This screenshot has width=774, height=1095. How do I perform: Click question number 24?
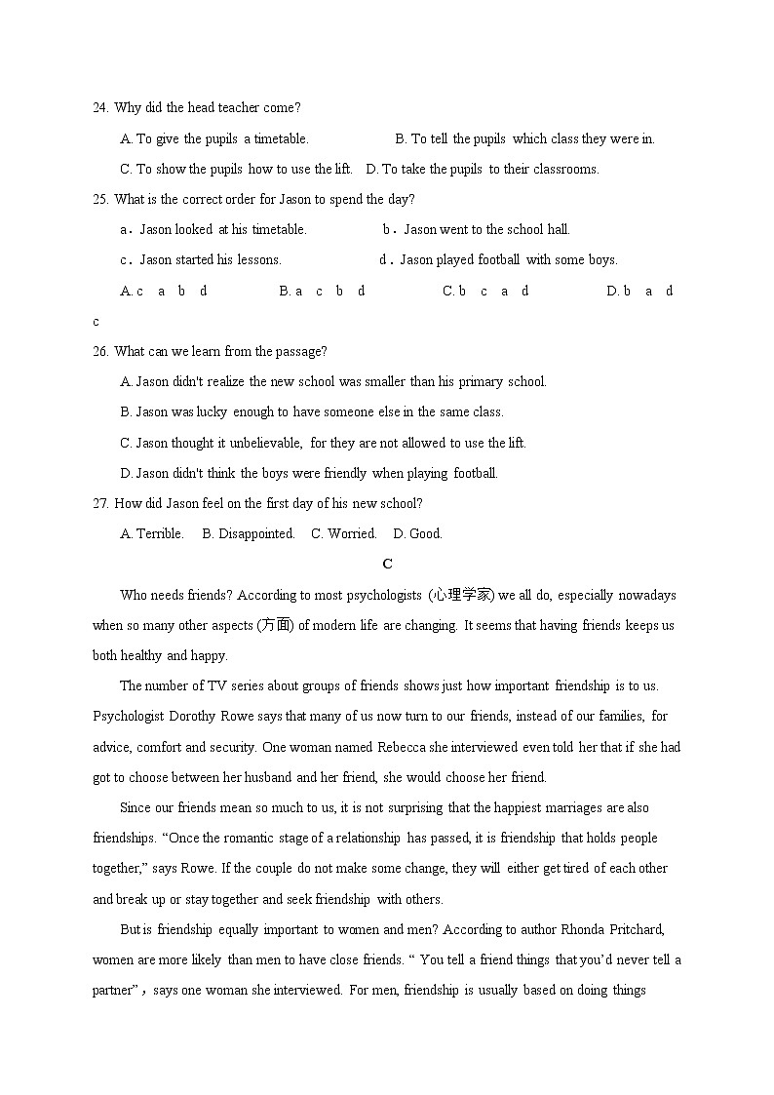click(x=99, y=108)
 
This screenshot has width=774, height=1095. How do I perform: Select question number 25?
click(x=99, y=200)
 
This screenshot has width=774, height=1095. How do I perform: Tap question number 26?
click(x=99, y=351)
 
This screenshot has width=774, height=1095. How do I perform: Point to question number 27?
click(x=99, y=503)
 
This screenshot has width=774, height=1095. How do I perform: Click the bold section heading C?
click(x=387, y=564)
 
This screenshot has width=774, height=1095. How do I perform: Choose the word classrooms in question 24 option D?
click(x=565, y=169)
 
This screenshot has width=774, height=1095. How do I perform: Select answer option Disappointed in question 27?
click(x=255, y=533)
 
